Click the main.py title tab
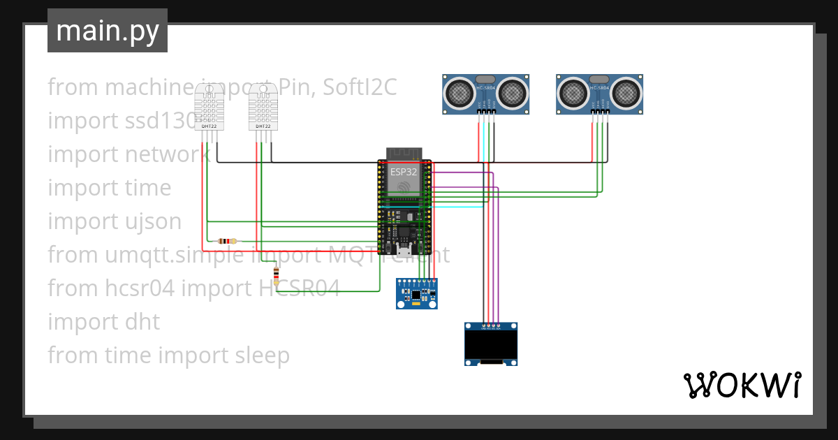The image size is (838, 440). (107, 31)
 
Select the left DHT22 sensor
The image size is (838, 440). (209, 106)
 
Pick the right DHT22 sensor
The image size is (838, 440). (263, 106)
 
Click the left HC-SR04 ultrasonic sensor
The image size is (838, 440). (486, 94)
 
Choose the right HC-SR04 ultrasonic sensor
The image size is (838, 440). (599, 94)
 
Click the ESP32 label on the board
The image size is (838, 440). (404, 171)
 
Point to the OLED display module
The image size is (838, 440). (491, 344)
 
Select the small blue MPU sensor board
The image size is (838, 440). (416, 294)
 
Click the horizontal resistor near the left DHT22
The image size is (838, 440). (227, 241)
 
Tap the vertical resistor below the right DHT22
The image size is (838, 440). (277, 276)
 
